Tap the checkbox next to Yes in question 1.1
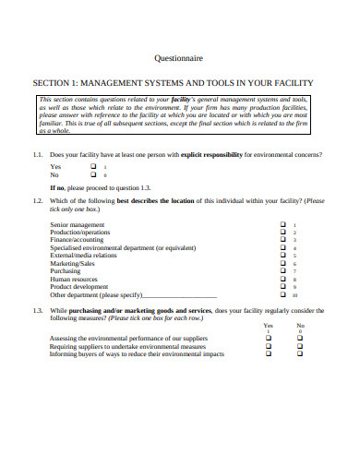click(93, 166)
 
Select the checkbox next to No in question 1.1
click(93, 174)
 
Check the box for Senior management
click(282, 224)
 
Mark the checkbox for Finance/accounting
click(282, 240)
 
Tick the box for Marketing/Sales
click(282, 263)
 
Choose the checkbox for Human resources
click(282, 279)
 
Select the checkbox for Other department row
click(282, 294)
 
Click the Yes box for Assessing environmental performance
click(269, 339)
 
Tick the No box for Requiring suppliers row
click(301, 347)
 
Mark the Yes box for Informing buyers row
click(269, 354)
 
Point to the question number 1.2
click(38, 199)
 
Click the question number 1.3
click(38, 311)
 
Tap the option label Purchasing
click(66, 271)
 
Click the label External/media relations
click(83, 256)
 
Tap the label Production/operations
click(80, 233)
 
